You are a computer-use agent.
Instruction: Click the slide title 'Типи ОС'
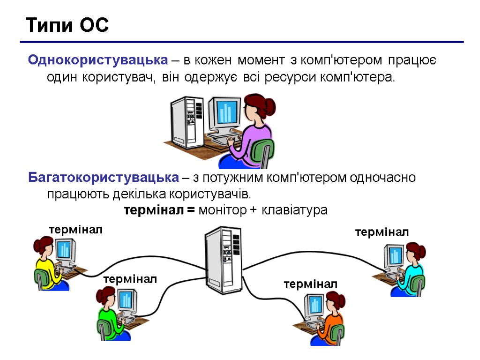tap(67, 25)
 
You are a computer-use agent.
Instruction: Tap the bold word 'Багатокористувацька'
tap(104, 178)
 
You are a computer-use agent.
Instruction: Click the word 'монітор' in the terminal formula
tap(222, 210)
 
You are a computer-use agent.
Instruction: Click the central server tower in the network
tap(223, 260)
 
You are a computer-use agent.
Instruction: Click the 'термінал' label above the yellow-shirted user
tap(75, 230)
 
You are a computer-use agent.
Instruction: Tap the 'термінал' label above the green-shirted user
tap(130, 279)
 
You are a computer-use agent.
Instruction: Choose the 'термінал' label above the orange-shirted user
tap(310, 284)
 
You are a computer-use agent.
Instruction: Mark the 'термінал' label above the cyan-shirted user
tap(382, 232)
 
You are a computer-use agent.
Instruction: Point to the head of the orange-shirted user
tap(334, 300)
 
